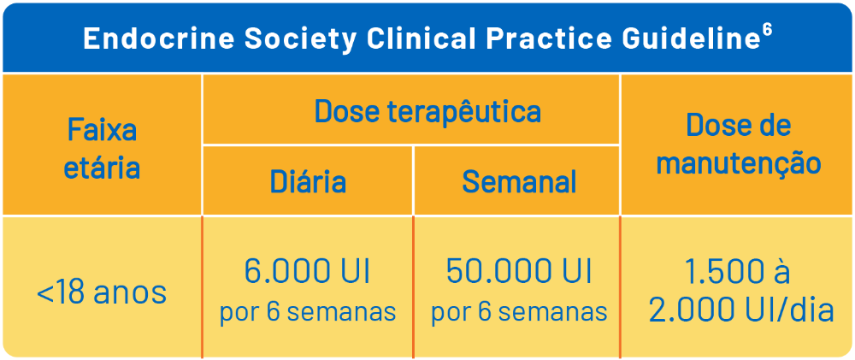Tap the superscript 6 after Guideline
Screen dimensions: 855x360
pyautogui.click(x=768, y=30)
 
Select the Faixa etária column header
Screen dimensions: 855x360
pyautogui.click(x=102, y=149)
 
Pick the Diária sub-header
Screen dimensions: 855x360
pyautogui.click(x=308, y=181)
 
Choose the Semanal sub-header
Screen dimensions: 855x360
pyautogui.click(x=519, y=181)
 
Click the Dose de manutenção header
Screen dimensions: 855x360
pyautogui.click(x=739, y=144)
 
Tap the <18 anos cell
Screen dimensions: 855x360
pyautogui.click(x=102, y=293)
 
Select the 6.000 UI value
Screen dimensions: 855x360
pyautogui.click(x=308, y=272)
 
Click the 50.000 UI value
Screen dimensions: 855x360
pyautogui.click(x=519, y=272)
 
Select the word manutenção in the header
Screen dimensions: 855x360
pyautogui.click(x=739, y=162)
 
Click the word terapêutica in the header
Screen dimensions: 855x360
pyautogui.click(x=464, y=112)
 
